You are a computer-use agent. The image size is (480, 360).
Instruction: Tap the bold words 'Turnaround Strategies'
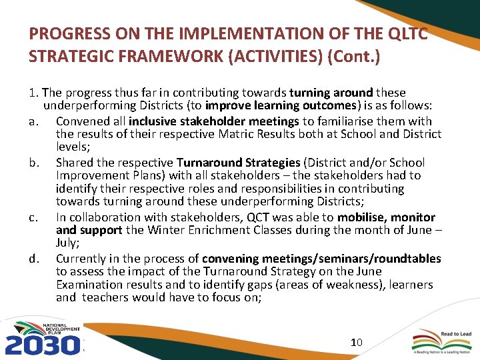point(237,162)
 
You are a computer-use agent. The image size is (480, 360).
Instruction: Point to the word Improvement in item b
point(91,175)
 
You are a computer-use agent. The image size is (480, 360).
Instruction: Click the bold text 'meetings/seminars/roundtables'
point(321,258)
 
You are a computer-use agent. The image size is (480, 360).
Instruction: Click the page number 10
point(356,342)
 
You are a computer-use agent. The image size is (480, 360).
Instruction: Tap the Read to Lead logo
point(440,341)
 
